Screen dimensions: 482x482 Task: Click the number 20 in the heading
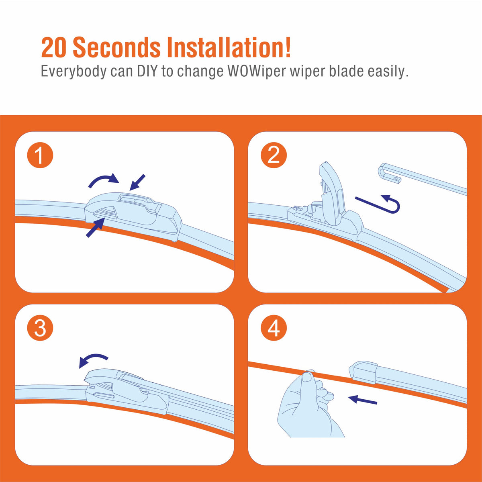pos(53,47)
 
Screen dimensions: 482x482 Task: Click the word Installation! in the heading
pos(229,47)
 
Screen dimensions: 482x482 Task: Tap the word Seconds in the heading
pos(116,47)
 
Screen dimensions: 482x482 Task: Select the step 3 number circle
pos(40,328)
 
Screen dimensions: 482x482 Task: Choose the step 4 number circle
pos(274,328)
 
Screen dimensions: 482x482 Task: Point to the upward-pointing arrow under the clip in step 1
pos(95,227)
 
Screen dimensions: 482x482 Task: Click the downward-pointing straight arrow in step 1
pos(137,182)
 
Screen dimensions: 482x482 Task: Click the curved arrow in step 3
pos(93,359)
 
